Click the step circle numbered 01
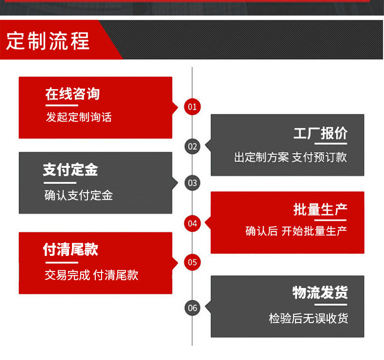point(192,107)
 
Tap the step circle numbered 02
point(192,146)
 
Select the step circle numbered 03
point(192,183)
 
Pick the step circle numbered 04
point(192,223)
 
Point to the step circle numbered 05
point(192,262)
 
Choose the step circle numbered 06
point(192,307)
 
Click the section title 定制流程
point(48,41)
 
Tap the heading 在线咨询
point(72,94)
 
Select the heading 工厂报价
point(320,133)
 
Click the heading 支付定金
point(70,170)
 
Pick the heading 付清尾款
point(70,250)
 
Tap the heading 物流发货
point(320,292)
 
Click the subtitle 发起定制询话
point(79,117)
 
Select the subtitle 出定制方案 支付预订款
point(290,157)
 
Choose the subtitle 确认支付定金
point(79,196)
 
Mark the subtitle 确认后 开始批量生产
point(296,231)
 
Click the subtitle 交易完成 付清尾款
point(91,275)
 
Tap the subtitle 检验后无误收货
point(309,319)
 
